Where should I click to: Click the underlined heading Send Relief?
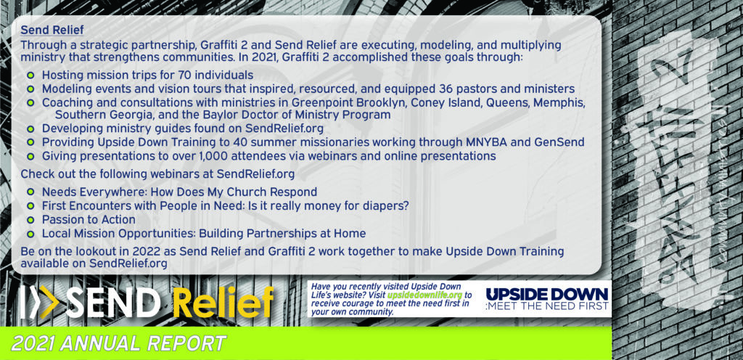pyautogui.click(x=52, y=30)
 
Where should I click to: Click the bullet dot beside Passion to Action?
pyautogui.click(x=30, y=220)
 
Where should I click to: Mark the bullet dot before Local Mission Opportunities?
pyautogui.click(x=30, y=234)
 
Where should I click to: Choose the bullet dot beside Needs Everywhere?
pyautogui.click(x=30, y=192)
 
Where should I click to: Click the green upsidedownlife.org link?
pyautogui.click(x=424, y=295)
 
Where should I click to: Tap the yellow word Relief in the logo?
pyautogui.click(x=223, y=302)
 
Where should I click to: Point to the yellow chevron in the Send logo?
pyautogui.click(x=49, y=302)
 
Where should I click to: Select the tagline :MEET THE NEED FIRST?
pyautogui.click(x=547, y=306)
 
